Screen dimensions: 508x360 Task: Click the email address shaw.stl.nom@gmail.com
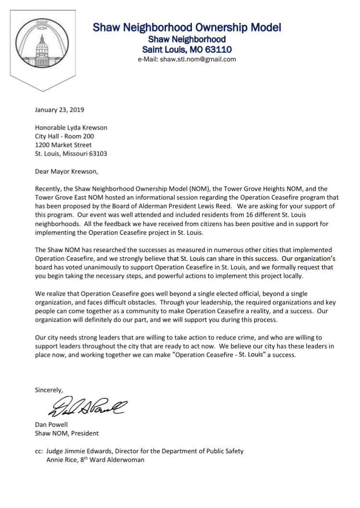[x=187, y=60]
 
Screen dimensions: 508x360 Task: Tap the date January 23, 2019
[x=60, y=110]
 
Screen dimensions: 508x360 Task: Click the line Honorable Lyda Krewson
[x=71, y=128]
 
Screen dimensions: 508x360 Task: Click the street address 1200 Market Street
[x=63, y=145]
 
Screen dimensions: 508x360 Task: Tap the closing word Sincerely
[x=49, y=390]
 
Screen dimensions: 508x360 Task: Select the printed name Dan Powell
[x=52, y=424]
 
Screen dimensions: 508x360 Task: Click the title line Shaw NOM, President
[x=67, y=433]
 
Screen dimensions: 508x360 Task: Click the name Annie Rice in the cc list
[x=61, y=460]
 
